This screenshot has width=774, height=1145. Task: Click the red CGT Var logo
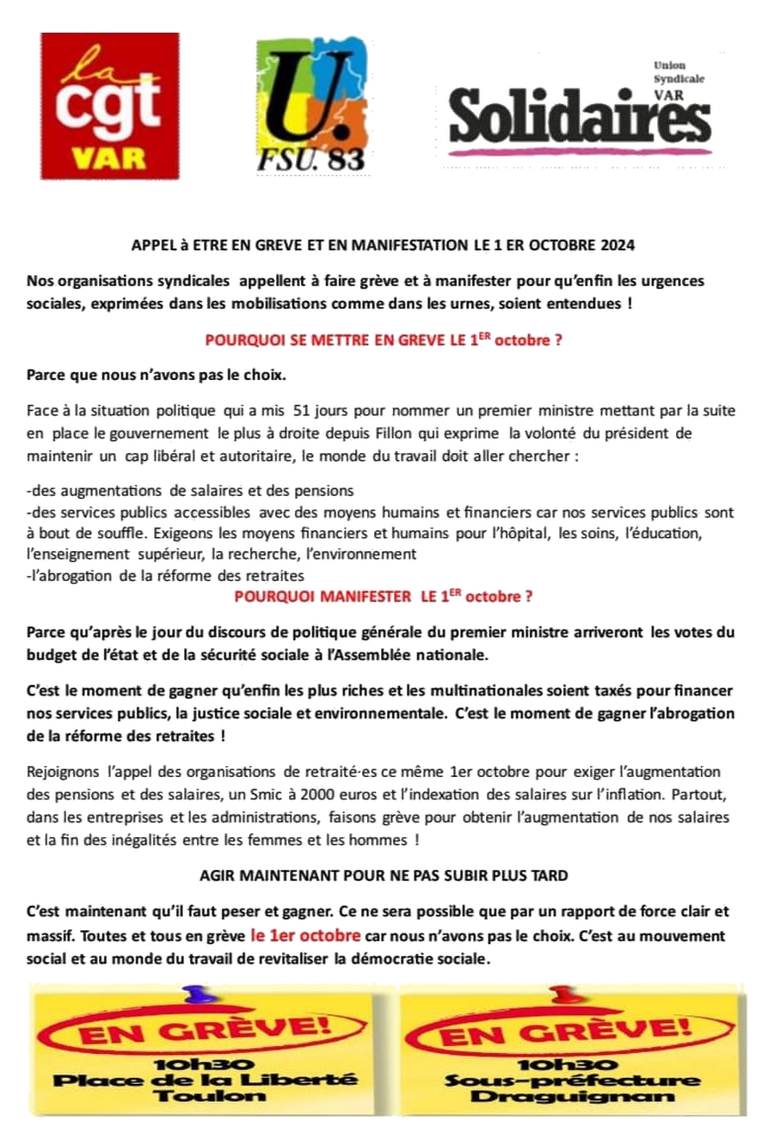click(x=110, y=107)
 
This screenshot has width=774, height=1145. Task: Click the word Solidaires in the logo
click(x=580, y=118)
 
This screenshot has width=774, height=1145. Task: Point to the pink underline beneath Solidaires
click(x=578, y=151)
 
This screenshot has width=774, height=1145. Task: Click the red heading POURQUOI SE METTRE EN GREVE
click(x=383, y=340)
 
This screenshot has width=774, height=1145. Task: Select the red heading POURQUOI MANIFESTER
click(x=383, y=596)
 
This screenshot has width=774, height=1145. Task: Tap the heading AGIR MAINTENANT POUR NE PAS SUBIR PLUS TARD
click(x=384, y=876)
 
